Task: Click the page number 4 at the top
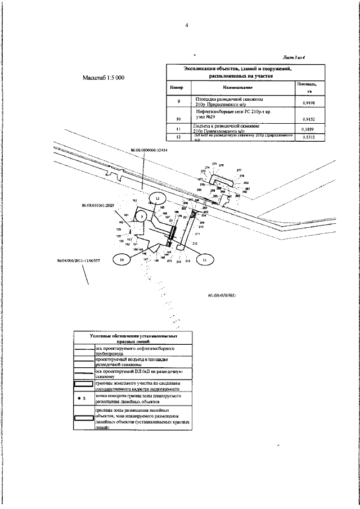click(x=186, y=25)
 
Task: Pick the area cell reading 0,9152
click(x=308, y=120)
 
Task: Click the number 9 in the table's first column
click(x=178, y=101)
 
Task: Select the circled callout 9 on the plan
click(x=142, y=217)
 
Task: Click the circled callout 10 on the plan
click(x=121, y=260)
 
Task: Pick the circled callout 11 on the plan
click(x=204, y=260)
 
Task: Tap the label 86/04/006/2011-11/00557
click(x=79, y=260)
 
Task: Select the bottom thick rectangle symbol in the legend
click(x=85, y=420)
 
